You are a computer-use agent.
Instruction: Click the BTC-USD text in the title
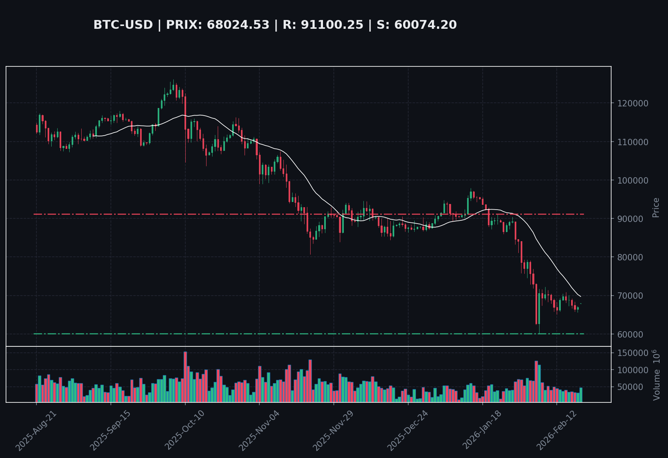(123, 25)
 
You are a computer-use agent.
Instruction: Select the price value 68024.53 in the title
(238, 25)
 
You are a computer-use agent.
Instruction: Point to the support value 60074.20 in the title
(425, 25)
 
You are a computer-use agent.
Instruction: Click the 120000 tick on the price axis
(632, 103)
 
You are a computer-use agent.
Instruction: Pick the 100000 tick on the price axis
(632, 180)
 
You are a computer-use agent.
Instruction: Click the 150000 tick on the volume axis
(632, 353)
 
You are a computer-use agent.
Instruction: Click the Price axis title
(656, 207)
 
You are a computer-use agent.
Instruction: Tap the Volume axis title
(656, 375)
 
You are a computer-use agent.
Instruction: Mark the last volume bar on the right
(581, 395)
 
